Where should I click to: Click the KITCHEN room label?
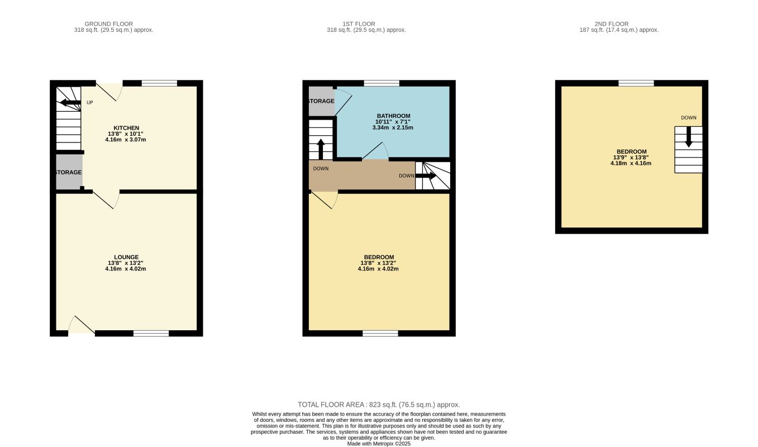pos(126,128)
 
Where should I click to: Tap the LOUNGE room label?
pos(126,257)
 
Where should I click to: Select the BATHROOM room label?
pos(393,116)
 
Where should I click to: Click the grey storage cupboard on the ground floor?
pos(69,173)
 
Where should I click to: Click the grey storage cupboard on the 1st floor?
pos(321,101)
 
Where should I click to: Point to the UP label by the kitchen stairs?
pos(89,103)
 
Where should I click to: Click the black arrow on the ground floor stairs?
pos(70,102)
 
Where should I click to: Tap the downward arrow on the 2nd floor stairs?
pos(688,137)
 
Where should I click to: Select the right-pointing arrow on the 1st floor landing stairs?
pos(426,175)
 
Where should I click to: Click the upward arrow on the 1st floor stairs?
pos(321,149)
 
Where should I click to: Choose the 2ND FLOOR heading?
pos(611,24)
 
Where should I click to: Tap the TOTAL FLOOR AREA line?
pos(379,405)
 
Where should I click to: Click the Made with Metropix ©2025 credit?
pos(379,444)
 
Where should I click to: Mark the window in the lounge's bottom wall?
pos(151,334)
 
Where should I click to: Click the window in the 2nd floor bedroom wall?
pos(636,83)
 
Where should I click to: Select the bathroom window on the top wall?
pos(382,83)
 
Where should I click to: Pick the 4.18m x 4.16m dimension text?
pos(631,163)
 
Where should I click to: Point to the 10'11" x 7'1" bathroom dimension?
pos(393,122)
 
